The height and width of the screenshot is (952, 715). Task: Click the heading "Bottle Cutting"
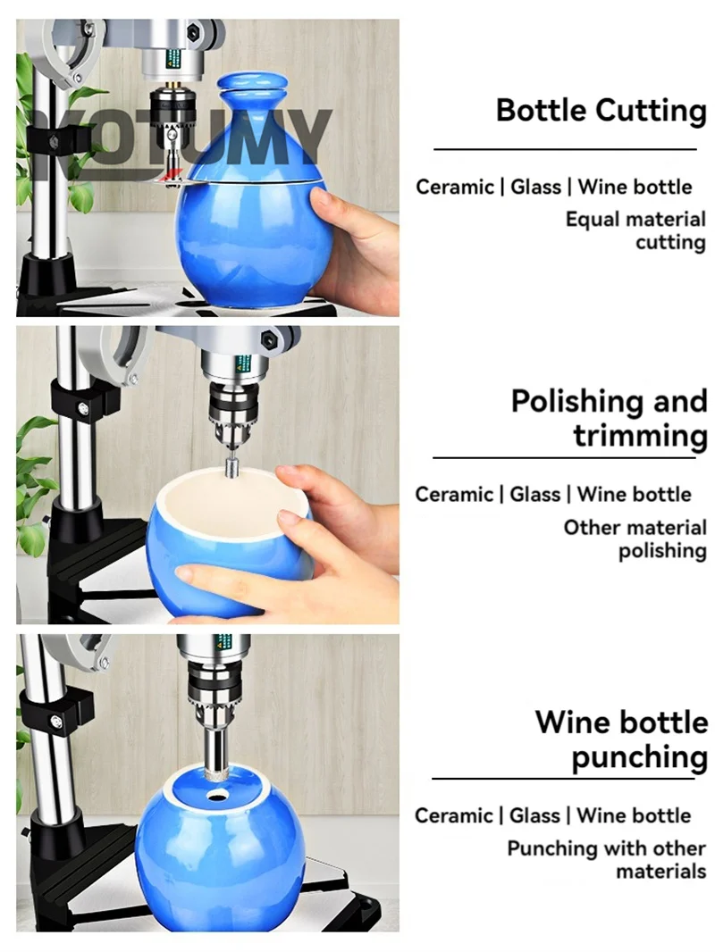click(x=601, y=111)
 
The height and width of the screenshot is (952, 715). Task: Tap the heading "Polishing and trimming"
click(x=610, y=418)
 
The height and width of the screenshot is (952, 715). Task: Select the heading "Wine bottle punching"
click(x=621, y=739)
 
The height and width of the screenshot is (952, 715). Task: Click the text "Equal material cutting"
click(x=635, y=230)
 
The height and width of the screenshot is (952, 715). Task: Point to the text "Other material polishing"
click(x=635, y=539)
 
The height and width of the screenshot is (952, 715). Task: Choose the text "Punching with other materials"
click(x=606, y=859)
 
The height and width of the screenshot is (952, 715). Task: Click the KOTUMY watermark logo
click(x=182, y=145)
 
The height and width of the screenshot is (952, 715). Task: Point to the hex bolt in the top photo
click(x=194, y=29)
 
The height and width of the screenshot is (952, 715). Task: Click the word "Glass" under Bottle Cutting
click(x=535, y=187)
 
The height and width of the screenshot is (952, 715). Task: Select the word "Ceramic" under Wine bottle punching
click(x=453, y=815)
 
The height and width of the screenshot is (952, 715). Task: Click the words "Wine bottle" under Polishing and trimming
click(x=634, y=494)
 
